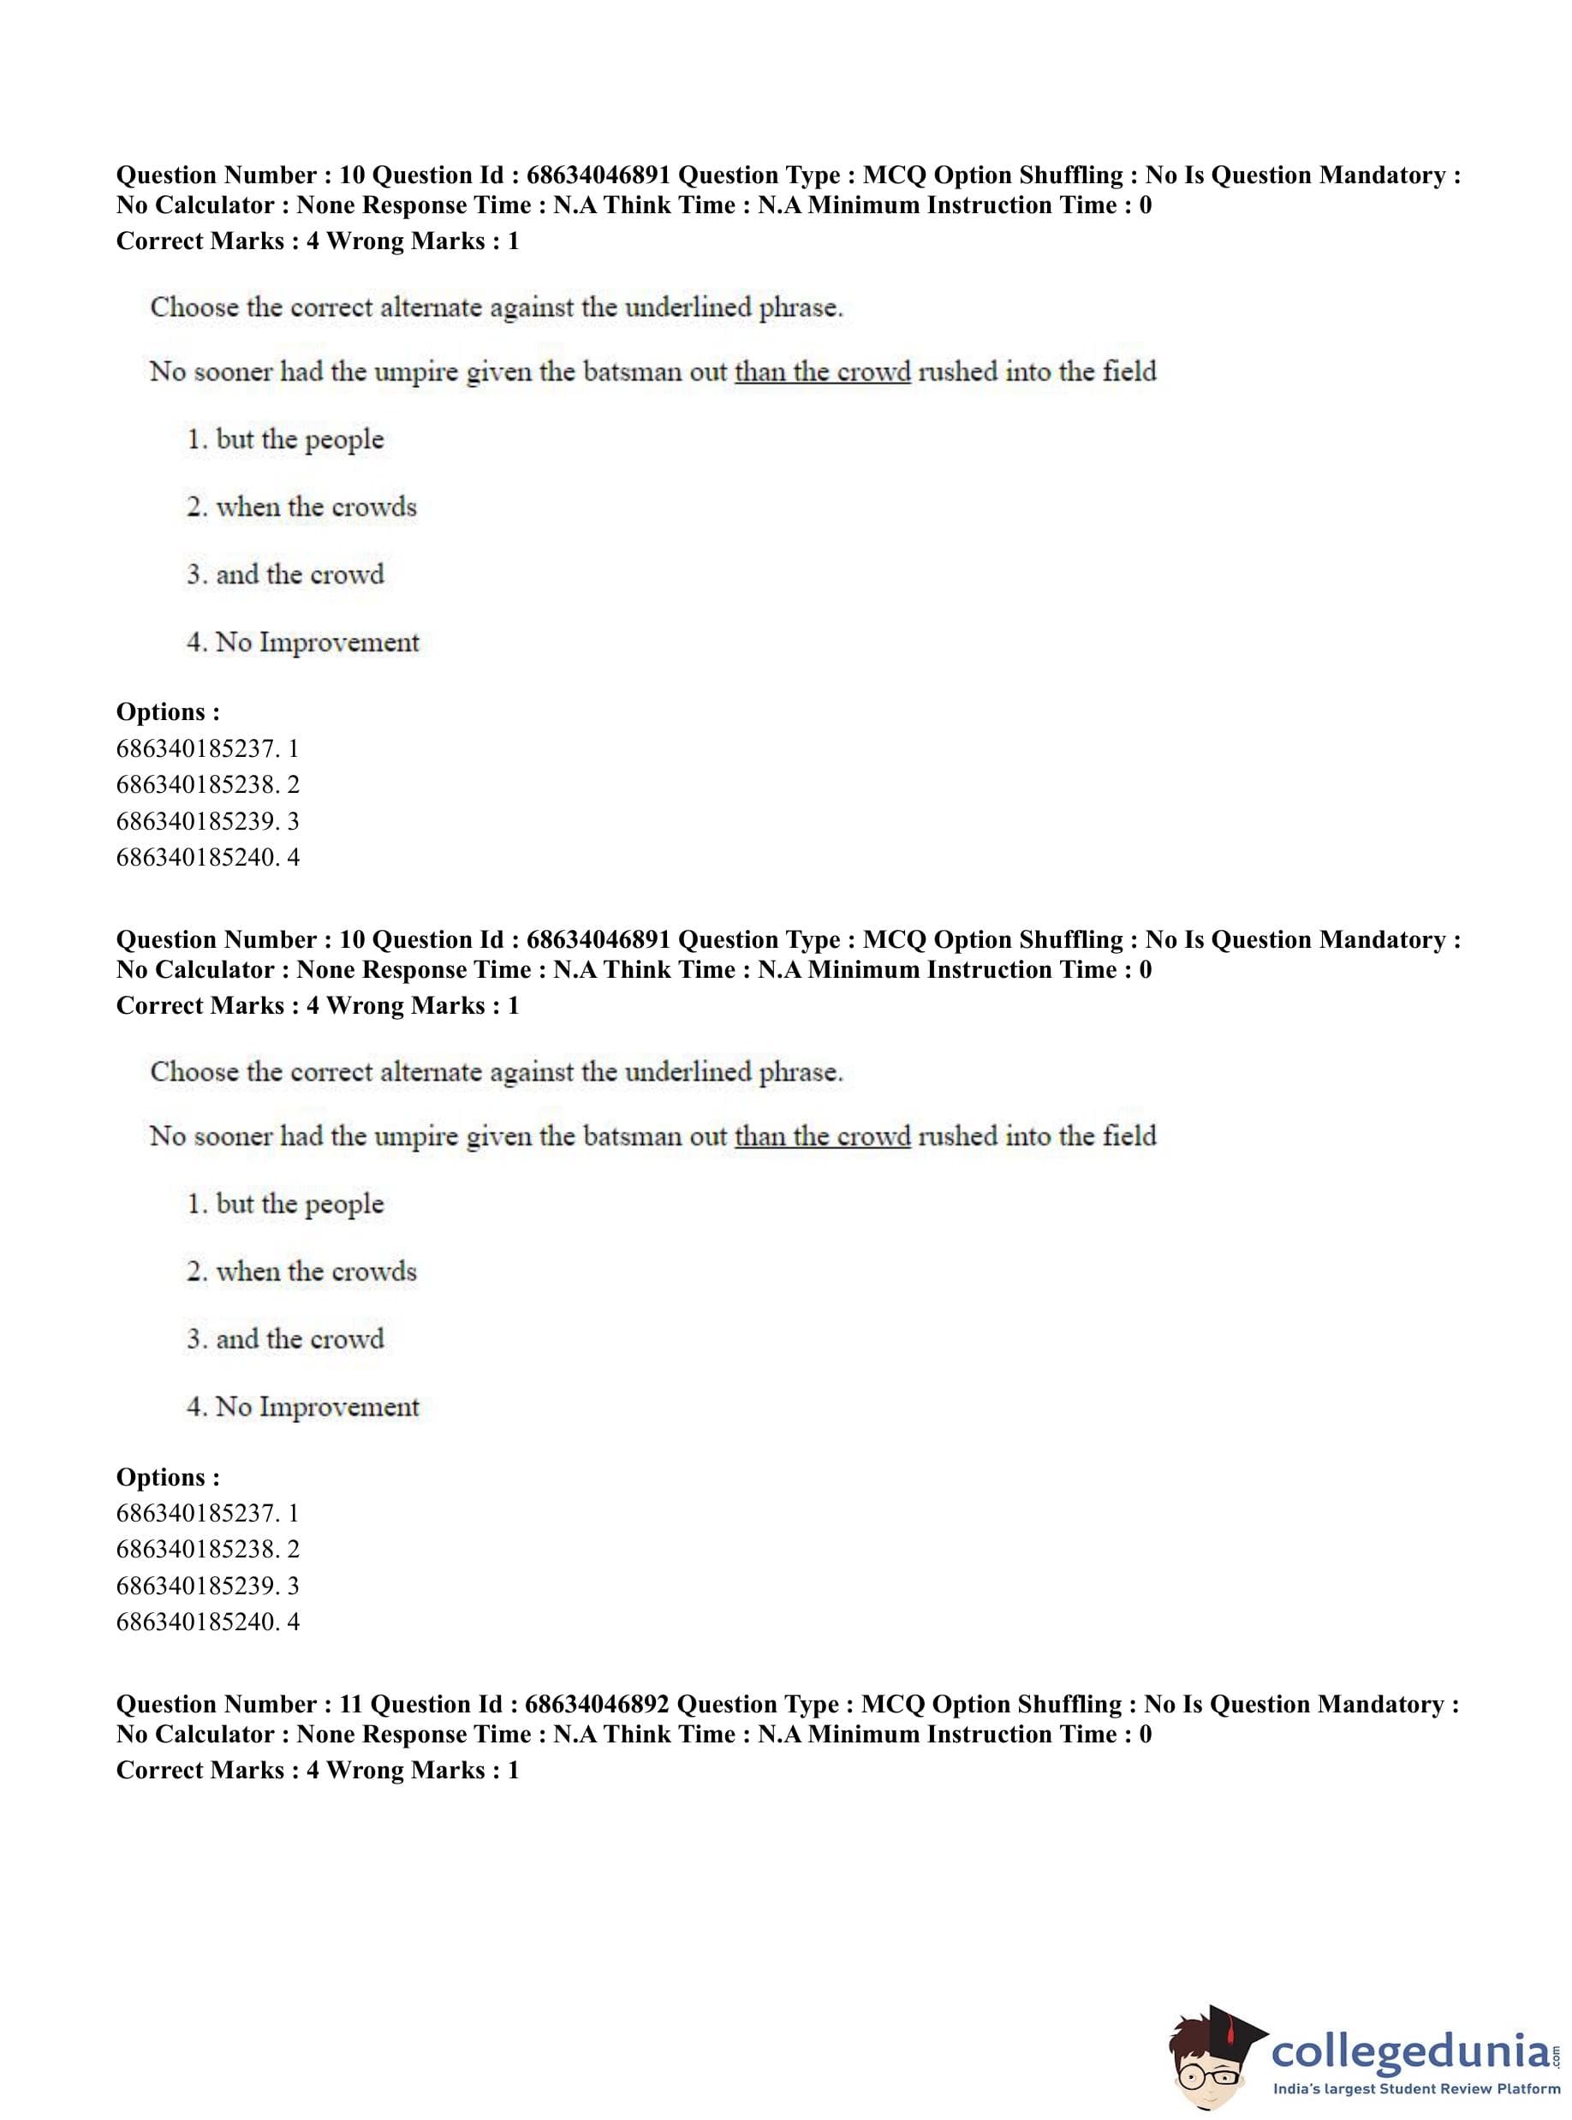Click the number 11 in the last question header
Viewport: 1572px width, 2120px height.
(350, 1704)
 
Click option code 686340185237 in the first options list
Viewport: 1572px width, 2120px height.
(198, 749)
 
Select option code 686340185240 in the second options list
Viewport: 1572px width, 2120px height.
(198, 1623)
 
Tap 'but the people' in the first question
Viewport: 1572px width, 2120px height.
(300, 439)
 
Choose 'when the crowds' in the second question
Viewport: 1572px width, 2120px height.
(316, 1272)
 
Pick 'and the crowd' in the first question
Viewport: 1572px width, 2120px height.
(300, 575)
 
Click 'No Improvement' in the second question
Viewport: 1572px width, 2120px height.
(317, 1408)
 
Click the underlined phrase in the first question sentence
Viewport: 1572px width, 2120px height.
(822, 371)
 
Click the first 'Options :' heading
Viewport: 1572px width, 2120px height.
(168, 712)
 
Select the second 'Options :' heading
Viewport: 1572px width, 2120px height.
(168, 1477)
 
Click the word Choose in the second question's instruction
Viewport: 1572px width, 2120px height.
(195, 1072)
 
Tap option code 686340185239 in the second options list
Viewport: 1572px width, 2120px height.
(198, 1587)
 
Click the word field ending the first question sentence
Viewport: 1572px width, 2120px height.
(1129, 371)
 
